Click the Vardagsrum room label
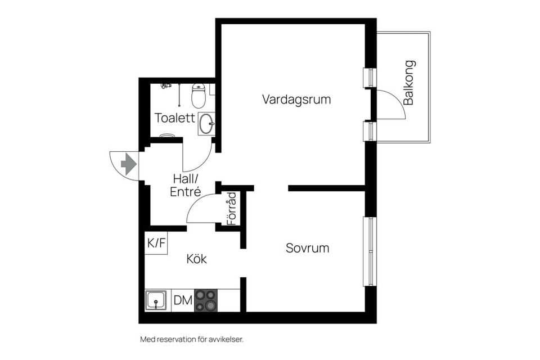click(x=296, y=100)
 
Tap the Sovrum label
click(x=307, y=248)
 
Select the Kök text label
click(x=197, y=259)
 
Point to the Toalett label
click(x=175, y=118)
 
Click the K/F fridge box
click(x=156, y=243)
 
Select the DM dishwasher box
click(x=182, y=300)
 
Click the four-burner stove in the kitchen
click(x=206, y=300)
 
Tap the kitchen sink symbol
click(x=156, y=301)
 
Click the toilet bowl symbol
click(x=198, y=96)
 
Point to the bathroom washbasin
click(x=206, y=123)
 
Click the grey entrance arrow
click(x=129, y=164)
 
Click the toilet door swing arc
click(x=198, y=158)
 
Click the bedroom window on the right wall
click(x=371, y=251)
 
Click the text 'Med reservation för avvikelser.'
click(x=191, y=339)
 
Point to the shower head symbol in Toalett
click(x=165, y=85)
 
